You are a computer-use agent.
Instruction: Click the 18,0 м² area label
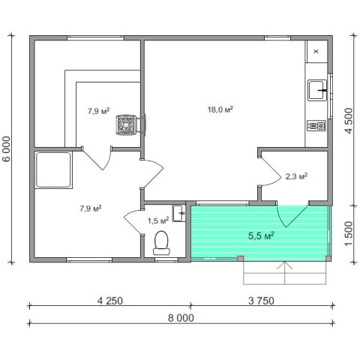click(x=220, y=109)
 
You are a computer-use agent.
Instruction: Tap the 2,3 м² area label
click(x=296, y=176)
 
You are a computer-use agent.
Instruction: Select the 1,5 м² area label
click(x=158, y=220)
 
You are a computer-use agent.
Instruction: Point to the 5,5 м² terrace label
click(x=261, y=235)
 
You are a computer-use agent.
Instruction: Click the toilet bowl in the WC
click(x=161, y=243)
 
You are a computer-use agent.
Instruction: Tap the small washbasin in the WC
click(x=178, y=213)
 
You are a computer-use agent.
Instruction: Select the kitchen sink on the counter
click(x=317, y=90)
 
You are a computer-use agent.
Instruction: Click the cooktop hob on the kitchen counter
click(x=316, y=126)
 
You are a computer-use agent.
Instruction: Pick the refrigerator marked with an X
click(x=316, y=51)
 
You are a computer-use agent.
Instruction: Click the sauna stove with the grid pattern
click(x=126, y=124)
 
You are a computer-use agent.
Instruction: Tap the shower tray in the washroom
click(x=53, y=169)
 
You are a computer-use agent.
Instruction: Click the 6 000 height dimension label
click(x=7, y=149)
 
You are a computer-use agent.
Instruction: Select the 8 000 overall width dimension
click(x=181, y=318)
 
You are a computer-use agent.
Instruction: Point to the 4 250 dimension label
click(x=110, y=301)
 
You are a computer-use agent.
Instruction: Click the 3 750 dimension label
click(x=261, y=301)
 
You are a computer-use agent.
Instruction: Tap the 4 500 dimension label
click(x=349, y=121)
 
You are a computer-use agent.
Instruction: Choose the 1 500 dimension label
click(x=349, y=233)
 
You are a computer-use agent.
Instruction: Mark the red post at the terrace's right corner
click(x=328, y=259)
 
